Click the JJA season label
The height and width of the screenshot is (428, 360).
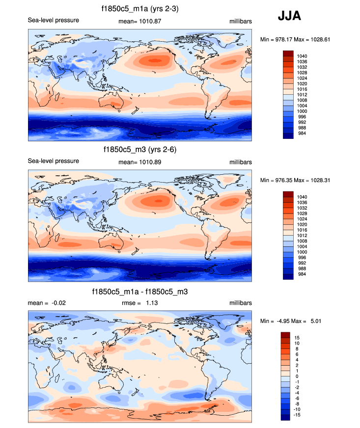coord(289,16)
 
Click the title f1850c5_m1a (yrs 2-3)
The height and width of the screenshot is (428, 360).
coord(140,8)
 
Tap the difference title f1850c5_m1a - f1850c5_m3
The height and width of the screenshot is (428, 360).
coord(140,292)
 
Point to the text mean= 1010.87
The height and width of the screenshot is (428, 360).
coord(140,21)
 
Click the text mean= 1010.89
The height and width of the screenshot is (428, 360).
coord(140,162)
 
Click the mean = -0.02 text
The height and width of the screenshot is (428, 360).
coord(47,303)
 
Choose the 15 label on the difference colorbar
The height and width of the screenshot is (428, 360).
coord(298,338)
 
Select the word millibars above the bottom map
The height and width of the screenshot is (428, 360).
coord(240,303)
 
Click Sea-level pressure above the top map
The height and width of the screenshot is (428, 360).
coord(54,21)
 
